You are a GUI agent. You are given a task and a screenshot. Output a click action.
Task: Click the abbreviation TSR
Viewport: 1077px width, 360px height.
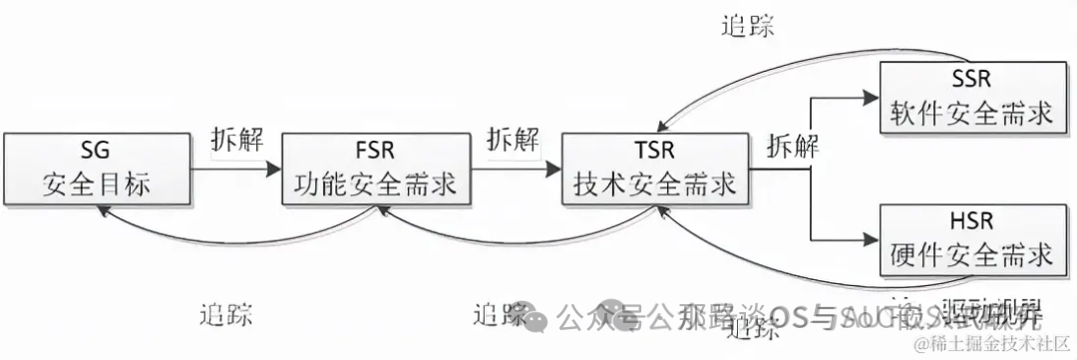click(x=654, y=152)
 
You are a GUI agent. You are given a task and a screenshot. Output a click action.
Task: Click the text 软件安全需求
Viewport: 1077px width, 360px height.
click(x=970, y=113)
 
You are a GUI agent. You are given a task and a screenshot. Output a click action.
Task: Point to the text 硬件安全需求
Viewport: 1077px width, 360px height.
click(x=970, y=256)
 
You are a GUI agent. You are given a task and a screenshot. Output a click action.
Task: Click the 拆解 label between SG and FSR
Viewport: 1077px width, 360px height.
click(x=237, y=139)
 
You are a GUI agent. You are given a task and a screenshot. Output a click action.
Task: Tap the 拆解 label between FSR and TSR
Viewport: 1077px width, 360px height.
click(x=514, y=139)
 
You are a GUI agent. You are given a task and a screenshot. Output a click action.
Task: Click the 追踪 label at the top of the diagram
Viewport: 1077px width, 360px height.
click(x=747, y=26)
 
